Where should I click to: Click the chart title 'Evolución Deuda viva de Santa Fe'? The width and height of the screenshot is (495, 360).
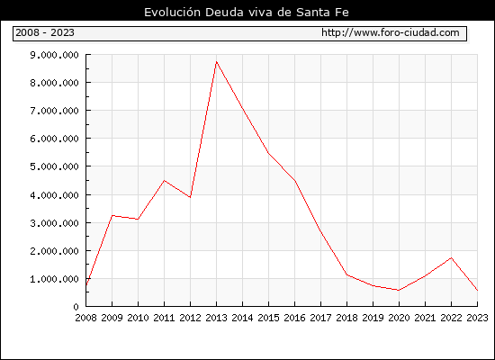click(x=247, y=13)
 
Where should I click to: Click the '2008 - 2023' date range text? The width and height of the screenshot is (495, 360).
click(x=45, y=32)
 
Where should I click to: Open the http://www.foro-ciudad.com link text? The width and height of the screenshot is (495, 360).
click(x=391, y=32)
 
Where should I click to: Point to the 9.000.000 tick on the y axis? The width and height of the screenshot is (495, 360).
click(x=54, y=55)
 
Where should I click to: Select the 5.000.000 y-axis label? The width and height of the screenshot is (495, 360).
click(x=54, y=166)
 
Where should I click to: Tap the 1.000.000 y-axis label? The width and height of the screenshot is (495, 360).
click(x=54, y=279)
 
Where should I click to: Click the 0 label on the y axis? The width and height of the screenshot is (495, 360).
click(x=76, y=307)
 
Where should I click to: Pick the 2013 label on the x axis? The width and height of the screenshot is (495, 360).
click(x=216, y=318)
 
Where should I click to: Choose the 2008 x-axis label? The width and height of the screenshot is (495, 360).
click(x=85, y=318)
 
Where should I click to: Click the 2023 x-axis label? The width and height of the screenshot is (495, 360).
click(x=477, y=318)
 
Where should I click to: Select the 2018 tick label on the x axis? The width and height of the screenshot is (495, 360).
click(x=346, y=318)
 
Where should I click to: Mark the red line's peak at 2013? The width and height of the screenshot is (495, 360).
click(x=216, y=61)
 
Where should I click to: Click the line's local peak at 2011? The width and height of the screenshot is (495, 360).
click(x=164, y=180)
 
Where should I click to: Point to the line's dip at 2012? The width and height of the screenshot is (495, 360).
click(x=190, y=197)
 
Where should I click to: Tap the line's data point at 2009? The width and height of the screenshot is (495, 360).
click(x=112, y=216)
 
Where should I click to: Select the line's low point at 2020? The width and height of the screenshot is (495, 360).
click(x=399, y=290)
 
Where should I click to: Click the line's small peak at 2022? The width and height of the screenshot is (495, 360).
click(x=452, y=258)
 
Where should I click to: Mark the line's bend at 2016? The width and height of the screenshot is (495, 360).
click(x=294, y=181)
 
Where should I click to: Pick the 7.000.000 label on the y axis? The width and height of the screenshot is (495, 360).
click(x=54, y=111)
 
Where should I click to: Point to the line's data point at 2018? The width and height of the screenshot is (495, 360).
click(x=346, y=274)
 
